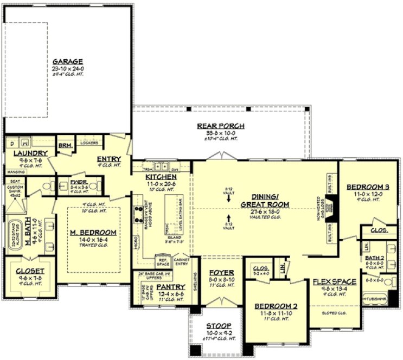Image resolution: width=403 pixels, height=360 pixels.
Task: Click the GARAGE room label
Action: point(67,62)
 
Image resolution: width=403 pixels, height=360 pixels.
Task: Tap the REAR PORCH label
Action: point(221,126)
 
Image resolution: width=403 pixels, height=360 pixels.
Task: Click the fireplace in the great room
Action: point(336,208)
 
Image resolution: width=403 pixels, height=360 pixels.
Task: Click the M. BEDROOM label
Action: point(94,232)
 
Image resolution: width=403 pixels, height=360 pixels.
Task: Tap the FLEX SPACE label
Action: point(335,281)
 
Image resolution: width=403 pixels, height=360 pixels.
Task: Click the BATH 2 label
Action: point(374,257)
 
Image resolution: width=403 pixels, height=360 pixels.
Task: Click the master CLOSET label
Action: point(30,271)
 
